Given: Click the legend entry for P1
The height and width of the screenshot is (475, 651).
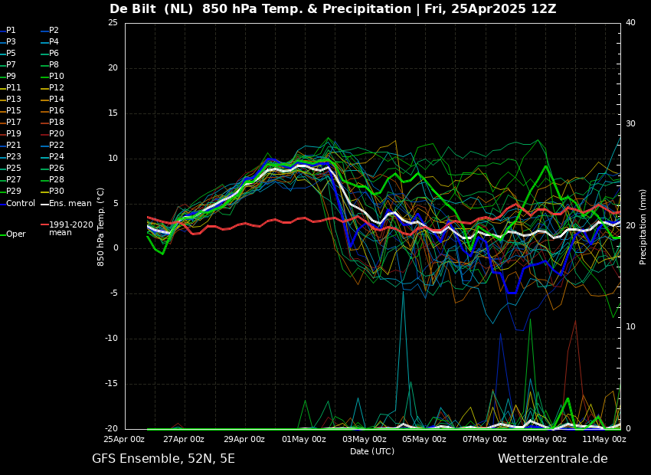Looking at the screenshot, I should click(x=11, y=31).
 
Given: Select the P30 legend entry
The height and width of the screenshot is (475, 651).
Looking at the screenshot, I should click(x=57, y=192).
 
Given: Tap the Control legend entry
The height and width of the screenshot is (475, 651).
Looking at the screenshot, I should click(x=21, y=203).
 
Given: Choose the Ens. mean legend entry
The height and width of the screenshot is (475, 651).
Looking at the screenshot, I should click(x=70, y=203).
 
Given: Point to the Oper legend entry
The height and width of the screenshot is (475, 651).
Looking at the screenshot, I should click(x=15, y=234).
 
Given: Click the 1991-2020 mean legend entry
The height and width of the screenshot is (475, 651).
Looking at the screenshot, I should click(x=70, y=228).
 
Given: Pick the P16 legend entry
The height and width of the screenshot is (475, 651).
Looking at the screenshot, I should click(x=57, y=111).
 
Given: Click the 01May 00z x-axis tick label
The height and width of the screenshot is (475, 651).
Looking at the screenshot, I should click(x=304, y=439).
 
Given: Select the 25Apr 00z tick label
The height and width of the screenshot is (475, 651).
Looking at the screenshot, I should click(x=125, y=439).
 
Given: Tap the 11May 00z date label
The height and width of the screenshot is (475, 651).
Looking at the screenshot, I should click(x=604, y=439).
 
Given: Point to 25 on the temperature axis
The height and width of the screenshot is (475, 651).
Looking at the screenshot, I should click(x=113, y=23).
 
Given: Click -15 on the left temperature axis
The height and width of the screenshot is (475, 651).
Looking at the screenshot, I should click(x=111, y=384).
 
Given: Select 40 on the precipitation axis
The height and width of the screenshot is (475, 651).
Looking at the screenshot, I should click(x=630, y=23).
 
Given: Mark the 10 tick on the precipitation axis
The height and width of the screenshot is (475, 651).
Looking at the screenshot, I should click(x=630, y=327).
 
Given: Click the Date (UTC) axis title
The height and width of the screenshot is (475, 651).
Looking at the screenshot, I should click(x=372, y=451).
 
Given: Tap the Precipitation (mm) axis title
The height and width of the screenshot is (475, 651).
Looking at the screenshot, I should click(x=643, y=226).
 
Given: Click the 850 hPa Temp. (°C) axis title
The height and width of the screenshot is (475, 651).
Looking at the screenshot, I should click(x=101, y=226).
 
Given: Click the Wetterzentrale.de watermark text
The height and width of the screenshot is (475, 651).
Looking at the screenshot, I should click(x=552, y=459).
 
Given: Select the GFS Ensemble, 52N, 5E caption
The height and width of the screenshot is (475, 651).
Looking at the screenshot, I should click(x=163, y=459).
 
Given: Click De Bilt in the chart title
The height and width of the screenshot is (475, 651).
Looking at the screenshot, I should click(x=136, y=9).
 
